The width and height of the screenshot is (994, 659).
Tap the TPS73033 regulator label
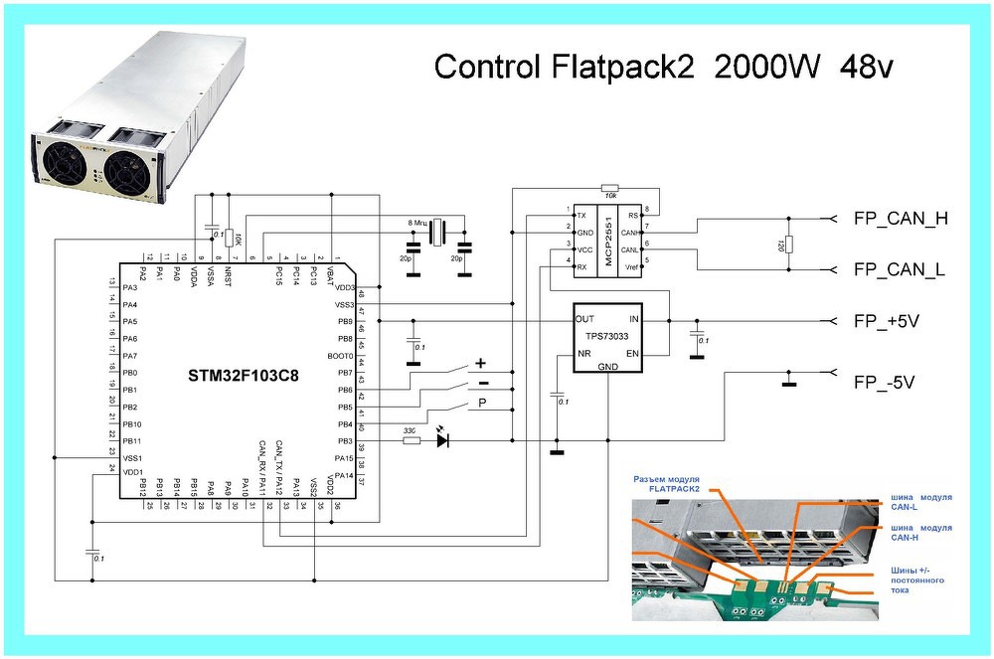pos(607,336)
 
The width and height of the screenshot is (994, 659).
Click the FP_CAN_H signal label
pos(899,219)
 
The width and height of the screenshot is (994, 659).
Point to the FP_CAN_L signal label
pos(899,269)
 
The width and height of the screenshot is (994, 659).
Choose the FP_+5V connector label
pos(891,322)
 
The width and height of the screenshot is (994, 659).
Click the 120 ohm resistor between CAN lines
pos(787,244)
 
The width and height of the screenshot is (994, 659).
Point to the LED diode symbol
pos(442,438)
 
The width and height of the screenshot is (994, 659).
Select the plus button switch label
pos(481,364)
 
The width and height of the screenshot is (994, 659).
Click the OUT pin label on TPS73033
pos(584,320)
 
